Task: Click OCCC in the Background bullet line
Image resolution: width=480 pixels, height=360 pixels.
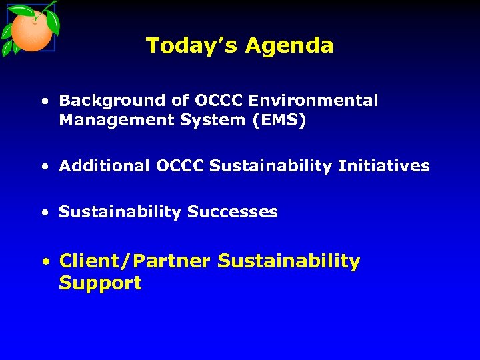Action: click(x=219, y=101)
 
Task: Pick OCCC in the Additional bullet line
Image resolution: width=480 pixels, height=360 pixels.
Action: click(x=180, y=166)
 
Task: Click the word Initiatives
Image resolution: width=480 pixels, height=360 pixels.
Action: click(x=383, y=166)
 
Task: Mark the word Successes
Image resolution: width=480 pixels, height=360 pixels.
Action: click(x=232, y=212)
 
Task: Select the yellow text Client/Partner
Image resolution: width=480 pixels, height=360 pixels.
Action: click(x=135, y=261)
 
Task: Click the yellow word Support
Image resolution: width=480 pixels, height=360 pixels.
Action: click(x=100, y=283)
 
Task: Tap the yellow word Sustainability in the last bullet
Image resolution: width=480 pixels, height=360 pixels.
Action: click(x=289, y=261)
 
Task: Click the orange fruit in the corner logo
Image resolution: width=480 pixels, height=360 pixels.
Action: click(x=31, y=31)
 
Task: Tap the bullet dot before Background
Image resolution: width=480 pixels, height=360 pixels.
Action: click(x=43, y=102)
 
